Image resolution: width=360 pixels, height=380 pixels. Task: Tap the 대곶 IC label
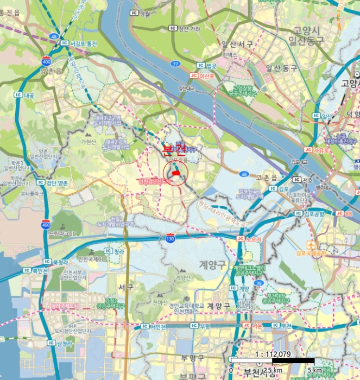click(x=26, y=94)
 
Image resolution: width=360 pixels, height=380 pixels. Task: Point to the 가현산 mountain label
click(x=87, y=142)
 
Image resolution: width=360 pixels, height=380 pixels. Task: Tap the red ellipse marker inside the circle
click(x=175, y=173)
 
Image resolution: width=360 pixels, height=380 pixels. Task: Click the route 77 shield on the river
click(x=175, y=64)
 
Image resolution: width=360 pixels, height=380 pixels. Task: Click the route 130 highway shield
click(x=170, y=238)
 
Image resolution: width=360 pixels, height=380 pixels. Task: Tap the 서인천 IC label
click(x=155, y=326)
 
